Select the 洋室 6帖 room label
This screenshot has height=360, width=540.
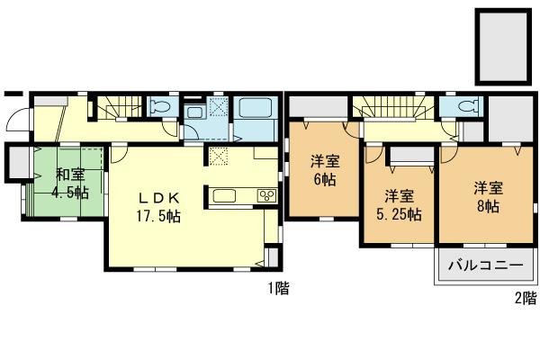(x=325, y=171)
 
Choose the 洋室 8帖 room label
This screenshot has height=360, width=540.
(x=489, y=197)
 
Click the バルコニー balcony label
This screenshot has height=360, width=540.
(x=485, y=267)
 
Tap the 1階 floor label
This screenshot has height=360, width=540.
(x=277, y=289)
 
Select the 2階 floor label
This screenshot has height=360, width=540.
(x=525, y=298)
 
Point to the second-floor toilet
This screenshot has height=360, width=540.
(x=466, y=106)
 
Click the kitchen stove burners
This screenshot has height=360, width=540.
(x=266, y=195)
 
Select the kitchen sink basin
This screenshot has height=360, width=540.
(x=224, y=195)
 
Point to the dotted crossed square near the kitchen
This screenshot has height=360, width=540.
(x=219, y=157)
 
